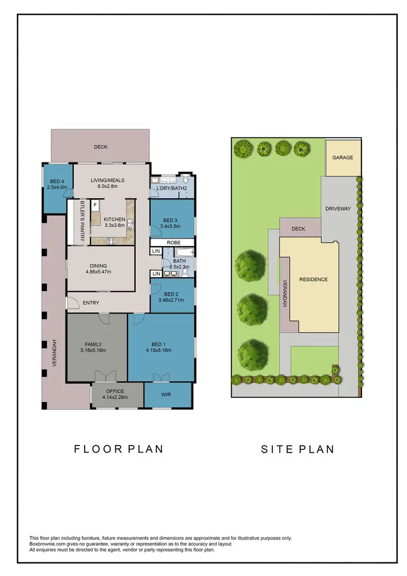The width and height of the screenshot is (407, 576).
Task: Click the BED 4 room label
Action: pyautogui.click(x=57, y=181)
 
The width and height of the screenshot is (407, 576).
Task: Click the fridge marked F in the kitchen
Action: pyautogui.click(x=96, y=205)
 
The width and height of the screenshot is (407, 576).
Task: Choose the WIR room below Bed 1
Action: pyautogui.click(x=167, y=395)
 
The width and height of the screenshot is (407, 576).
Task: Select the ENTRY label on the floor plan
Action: pyautogui.click(x=91, y=303)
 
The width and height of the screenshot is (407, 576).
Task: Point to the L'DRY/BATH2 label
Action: pyautogui.click(x=171, y=189)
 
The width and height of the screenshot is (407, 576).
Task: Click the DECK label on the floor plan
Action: pyautogui.click(x=100, y=147)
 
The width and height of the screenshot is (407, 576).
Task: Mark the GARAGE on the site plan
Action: pyautogui.click(x=343, y=158)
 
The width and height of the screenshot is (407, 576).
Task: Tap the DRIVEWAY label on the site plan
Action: pyautogui.click(x=338, y=209)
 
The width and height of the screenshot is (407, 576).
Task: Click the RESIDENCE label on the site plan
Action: pyautogui.click(x=314, y=279)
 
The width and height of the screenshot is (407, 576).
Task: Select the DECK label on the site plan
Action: pyautogui.click(x=298, y=229)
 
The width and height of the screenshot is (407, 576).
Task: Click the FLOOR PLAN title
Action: pyautogui.click(x=118, y=449)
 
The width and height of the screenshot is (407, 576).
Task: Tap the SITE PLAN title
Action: pyautogui.click(x=297, y=449)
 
